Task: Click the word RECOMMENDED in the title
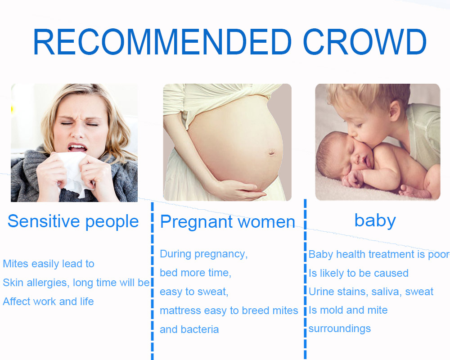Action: click(x=162, y=42)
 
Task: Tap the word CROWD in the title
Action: click(x=365, y=42)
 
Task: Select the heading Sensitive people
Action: click(x=73, y=222)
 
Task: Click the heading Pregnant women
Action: click(x=228, y=222)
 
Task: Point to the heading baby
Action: click(x=375, y=221)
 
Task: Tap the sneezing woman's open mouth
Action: click(x=77, y=148)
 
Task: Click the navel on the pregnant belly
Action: click(x=271, y=152)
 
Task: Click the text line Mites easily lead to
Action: click(x=49, y=264)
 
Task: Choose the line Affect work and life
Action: click(x=48, y=301)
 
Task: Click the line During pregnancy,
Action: click(x=203, y=254)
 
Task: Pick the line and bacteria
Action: click(x=189, y=329)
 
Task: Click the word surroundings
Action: click(x=339, y=328)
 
